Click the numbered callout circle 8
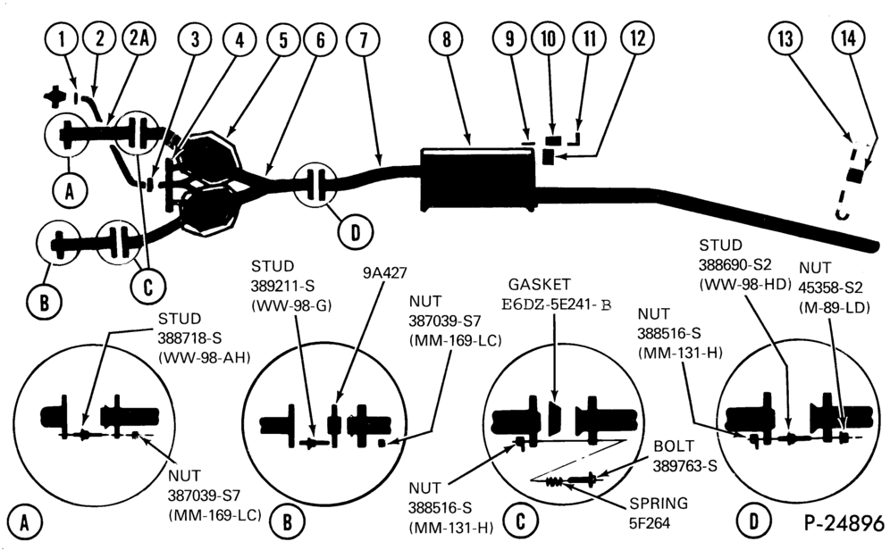coord(446,38)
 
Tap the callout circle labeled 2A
coord(139,38)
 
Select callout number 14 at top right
coord(848,38)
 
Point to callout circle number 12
coord(637,38)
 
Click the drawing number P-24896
coord(844,521)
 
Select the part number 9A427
coord(385,273)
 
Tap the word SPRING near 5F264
coord(659,503)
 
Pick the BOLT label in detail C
coord(674,446)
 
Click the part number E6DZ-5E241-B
coord(557,304)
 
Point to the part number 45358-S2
coord(830,287)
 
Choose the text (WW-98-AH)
coord(205,358)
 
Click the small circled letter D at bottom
coord(753,521)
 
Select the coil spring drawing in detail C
coord(556,482)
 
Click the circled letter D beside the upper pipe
coord(356,232)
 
